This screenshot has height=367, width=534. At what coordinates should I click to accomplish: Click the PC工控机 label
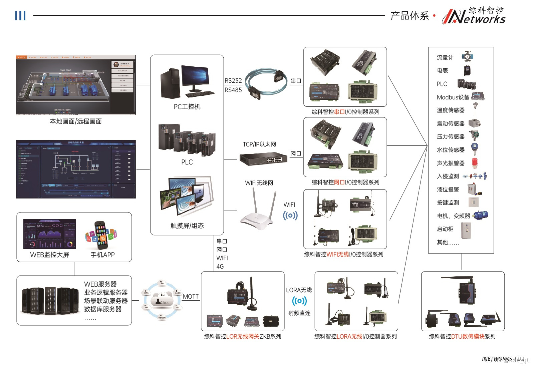coord(187,107)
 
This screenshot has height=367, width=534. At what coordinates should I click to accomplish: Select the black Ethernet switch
coord(264,159)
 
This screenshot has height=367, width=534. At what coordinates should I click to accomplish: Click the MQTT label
coord(191,297)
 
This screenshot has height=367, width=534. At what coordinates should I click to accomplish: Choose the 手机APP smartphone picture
coord(101,236)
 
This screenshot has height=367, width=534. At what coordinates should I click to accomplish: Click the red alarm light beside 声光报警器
coord(475,162)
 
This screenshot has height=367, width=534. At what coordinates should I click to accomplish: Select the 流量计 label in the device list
coord(445,58)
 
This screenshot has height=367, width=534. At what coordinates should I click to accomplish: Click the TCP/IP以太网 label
coord(259,144)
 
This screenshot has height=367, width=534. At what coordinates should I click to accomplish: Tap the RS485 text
coord(233,90)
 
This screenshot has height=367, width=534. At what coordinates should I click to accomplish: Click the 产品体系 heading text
coord(410,16)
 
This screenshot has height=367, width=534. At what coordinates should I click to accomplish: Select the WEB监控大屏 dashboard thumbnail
coord(50,234)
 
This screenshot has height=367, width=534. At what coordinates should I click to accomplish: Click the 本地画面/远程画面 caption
coord(76,121)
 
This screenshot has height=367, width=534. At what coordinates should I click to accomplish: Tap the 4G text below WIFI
coord(220,267)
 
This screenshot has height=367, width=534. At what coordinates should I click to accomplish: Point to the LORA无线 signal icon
coord(299,301)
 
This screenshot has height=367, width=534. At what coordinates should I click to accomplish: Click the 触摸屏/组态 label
coord(187,226)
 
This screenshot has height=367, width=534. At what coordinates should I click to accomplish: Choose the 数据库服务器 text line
coord(103,309)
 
